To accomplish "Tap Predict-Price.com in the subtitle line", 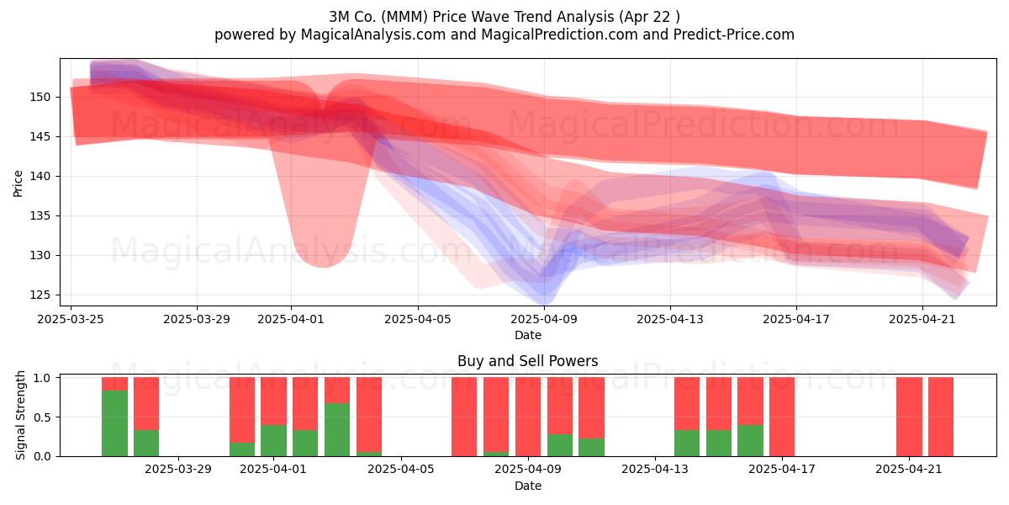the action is click(734, 35).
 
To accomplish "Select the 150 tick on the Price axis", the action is click(40, 97).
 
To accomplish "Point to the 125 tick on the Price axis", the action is click(40, 295).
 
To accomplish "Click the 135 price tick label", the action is click(40, 215).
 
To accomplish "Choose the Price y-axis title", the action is click(18, 183).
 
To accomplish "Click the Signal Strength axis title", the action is click(20, 415).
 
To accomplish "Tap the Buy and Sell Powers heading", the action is click(527, 361).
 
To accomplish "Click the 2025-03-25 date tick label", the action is click(71, 319).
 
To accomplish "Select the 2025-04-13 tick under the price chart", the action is click(670, 319).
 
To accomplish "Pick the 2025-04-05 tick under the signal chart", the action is click(401, 470).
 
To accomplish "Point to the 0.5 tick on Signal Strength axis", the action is click(42, 417).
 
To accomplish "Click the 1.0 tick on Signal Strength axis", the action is click(42, 377).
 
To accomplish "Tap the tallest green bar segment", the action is click(115, 423).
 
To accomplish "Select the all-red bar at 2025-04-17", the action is click(782, 417).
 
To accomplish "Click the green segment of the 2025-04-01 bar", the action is click(273, 440).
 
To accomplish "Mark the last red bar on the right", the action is click(941, 417).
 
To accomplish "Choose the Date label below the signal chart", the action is click(528, 486).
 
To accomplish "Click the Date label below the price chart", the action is click(528, 335).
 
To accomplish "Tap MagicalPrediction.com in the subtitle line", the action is click(559, 35).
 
